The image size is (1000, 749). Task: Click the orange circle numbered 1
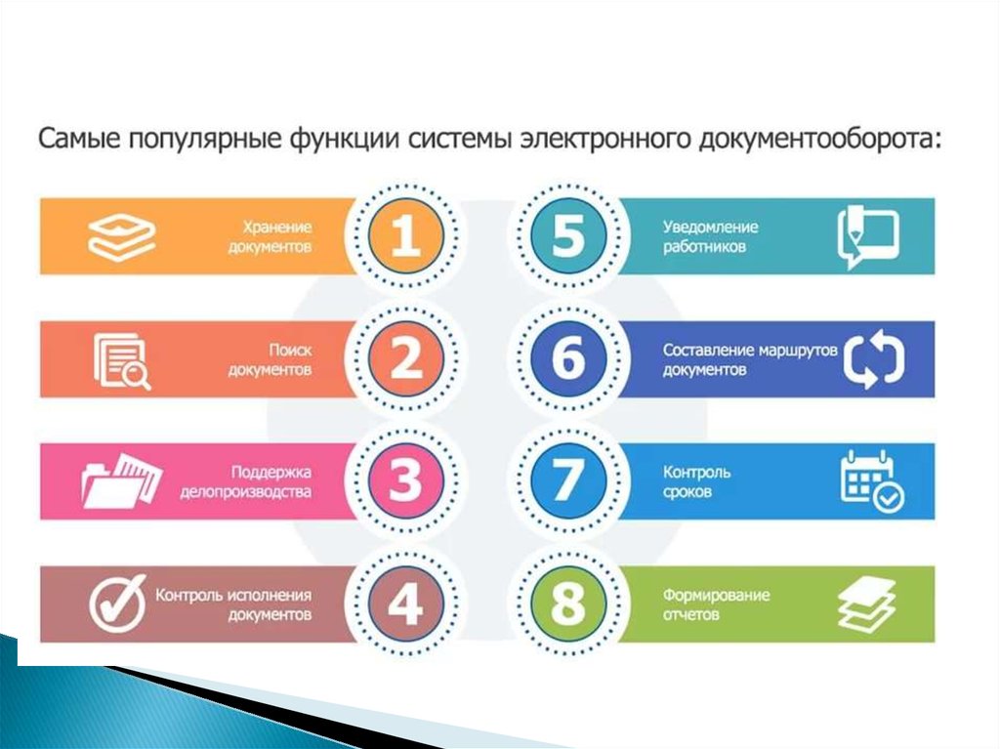405,235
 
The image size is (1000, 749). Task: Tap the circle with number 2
405,358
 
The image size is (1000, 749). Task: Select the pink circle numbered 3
405,481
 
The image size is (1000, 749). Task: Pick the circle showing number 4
405,603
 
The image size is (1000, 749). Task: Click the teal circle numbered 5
568,235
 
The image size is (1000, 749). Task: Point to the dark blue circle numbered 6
568,358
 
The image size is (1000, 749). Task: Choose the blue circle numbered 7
568,481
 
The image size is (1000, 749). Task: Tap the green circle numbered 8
568,603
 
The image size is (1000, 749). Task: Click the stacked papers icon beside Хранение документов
122,236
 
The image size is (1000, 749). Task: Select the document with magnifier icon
122,361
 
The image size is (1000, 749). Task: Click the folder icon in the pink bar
122,480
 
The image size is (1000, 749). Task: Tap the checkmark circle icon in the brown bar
117,603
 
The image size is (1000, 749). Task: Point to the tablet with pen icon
868,236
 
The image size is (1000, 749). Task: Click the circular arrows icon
874,358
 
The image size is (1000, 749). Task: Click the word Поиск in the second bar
290,351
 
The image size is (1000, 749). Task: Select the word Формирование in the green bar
716,596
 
